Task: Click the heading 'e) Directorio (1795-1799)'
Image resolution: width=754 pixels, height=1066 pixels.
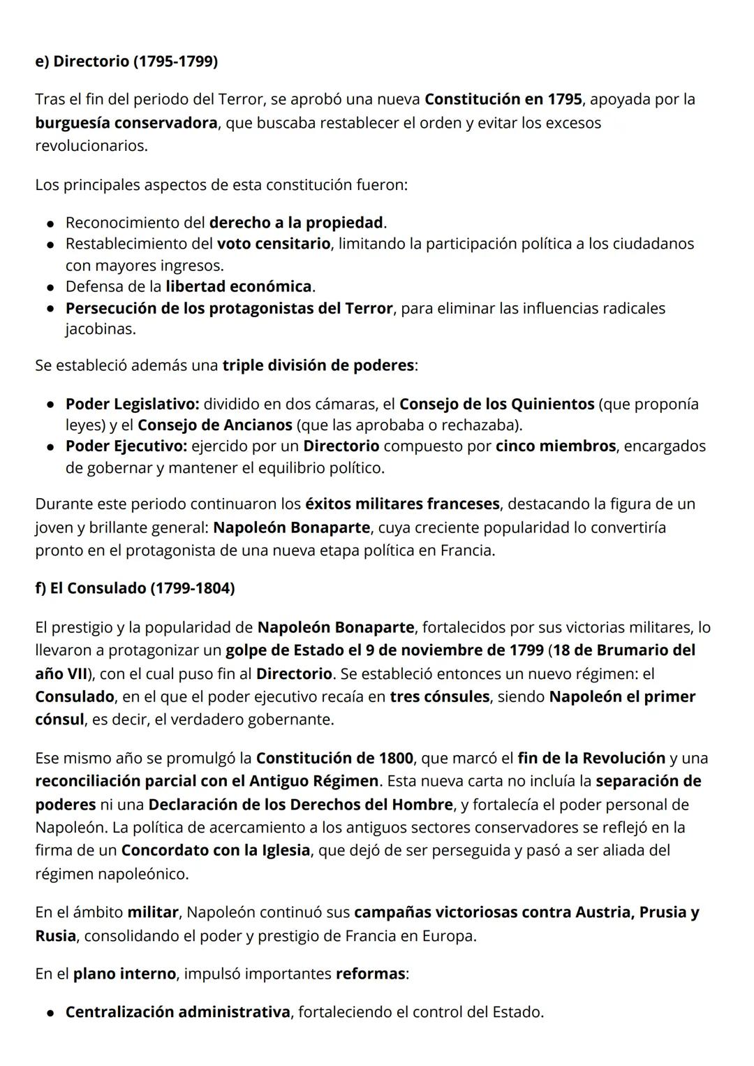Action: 126,61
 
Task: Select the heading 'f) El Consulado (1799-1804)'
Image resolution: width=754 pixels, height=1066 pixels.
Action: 135,588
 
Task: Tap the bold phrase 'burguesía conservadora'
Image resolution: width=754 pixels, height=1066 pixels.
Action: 126,123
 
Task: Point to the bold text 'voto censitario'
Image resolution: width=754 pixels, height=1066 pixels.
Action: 274,244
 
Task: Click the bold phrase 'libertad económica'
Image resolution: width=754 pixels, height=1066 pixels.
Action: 239,286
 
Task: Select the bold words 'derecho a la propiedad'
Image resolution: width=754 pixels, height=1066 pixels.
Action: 296,223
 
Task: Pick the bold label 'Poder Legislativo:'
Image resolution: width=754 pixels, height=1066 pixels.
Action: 133,404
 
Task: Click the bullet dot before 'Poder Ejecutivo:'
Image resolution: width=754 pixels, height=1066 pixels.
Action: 51,447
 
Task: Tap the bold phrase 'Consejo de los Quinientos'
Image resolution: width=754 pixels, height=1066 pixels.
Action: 496,404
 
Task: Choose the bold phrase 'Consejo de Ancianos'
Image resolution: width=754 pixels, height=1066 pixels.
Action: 215,425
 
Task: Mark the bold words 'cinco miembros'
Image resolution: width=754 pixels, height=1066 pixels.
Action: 556,446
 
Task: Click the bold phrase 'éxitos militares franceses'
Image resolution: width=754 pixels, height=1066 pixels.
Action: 402,504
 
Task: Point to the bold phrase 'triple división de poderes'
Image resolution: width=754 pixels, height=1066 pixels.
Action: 318,365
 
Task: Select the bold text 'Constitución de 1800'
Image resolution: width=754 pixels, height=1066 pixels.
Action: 335,758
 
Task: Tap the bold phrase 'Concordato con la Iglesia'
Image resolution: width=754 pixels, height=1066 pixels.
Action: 215,850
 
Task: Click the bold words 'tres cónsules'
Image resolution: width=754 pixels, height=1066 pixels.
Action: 440,696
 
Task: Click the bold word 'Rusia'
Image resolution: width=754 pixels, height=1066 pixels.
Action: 55,935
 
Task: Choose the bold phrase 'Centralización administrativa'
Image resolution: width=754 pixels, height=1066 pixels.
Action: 177,1012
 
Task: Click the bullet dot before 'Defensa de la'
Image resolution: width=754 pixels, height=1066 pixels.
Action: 51,287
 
